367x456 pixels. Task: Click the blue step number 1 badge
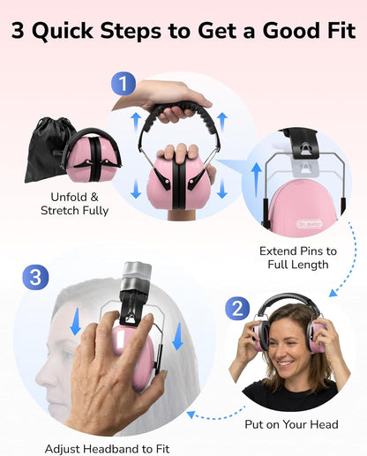coord(124,84)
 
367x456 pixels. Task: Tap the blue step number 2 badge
coord(237,309)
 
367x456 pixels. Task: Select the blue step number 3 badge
coord(35,277)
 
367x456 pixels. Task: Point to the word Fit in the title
coord(341,30)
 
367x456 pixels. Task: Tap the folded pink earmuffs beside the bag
coord(92,155)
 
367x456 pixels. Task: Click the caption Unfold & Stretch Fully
coord(74,204)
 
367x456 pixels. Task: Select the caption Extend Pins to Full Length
coord(298,258)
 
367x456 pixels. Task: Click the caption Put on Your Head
coord(291,424)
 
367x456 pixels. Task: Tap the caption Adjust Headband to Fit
coord(107,449)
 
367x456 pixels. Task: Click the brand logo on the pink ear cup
coord(310,224)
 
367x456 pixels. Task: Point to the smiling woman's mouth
coord(286,363)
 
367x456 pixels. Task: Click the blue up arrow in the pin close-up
coord(257,180)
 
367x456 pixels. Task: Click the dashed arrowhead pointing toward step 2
coord(333,293)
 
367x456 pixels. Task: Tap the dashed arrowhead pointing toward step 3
coord(191,415)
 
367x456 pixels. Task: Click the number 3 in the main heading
coord(18,31)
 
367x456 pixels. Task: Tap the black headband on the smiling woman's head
coord(287,302)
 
